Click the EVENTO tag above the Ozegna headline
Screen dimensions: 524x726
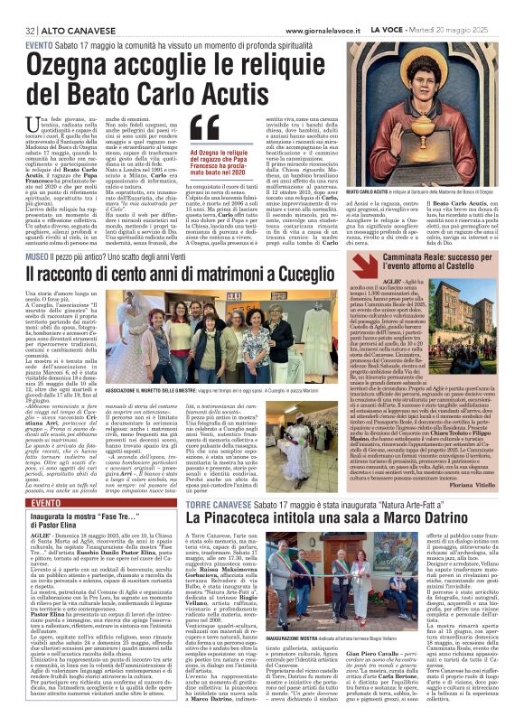[39, 44]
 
